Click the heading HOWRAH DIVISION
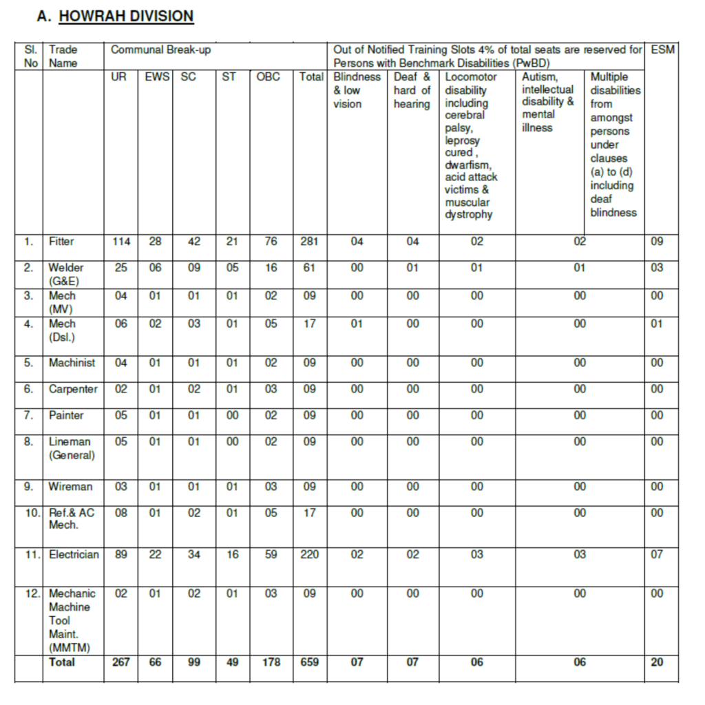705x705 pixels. coord(126,16)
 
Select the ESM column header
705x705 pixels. coord(662,50)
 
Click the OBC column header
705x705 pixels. coord(269,77)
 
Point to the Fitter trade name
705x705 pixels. coord(61,242)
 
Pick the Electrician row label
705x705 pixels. coord(74,554)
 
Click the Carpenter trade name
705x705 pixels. coord(73,389)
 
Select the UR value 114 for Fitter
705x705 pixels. coord(121,242)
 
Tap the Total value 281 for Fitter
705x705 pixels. coord(310,242)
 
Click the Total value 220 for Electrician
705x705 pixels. coord(310,554)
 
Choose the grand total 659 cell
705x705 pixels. coord(310,662)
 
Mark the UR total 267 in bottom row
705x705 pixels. coord(121,662)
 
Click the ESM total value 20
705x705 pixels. coord(657,662)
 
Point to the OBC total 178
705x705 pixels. coord(271,662)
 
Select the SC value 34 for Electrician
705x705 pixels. coord(194,554)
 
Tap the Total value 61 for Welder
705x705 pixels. coord(310,268)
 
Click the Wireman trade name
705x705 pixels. coord(70,487)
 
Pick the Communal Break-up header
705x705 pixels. coord(160,50)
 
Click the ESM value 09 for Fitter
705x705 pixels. coord(657,242)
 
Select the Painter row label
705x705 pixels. coord(66,415)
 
